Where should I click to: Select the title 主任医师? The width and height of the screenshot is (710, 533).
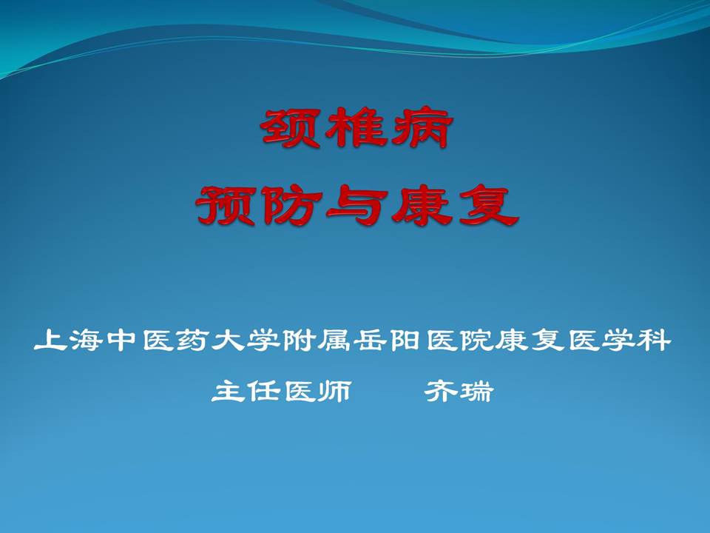[281, 390]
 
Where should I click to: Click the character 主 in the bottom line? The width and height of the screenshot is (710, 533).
[228, 390]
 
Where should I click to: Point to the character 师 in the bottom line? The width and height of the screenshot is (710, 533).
[334, 390]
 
